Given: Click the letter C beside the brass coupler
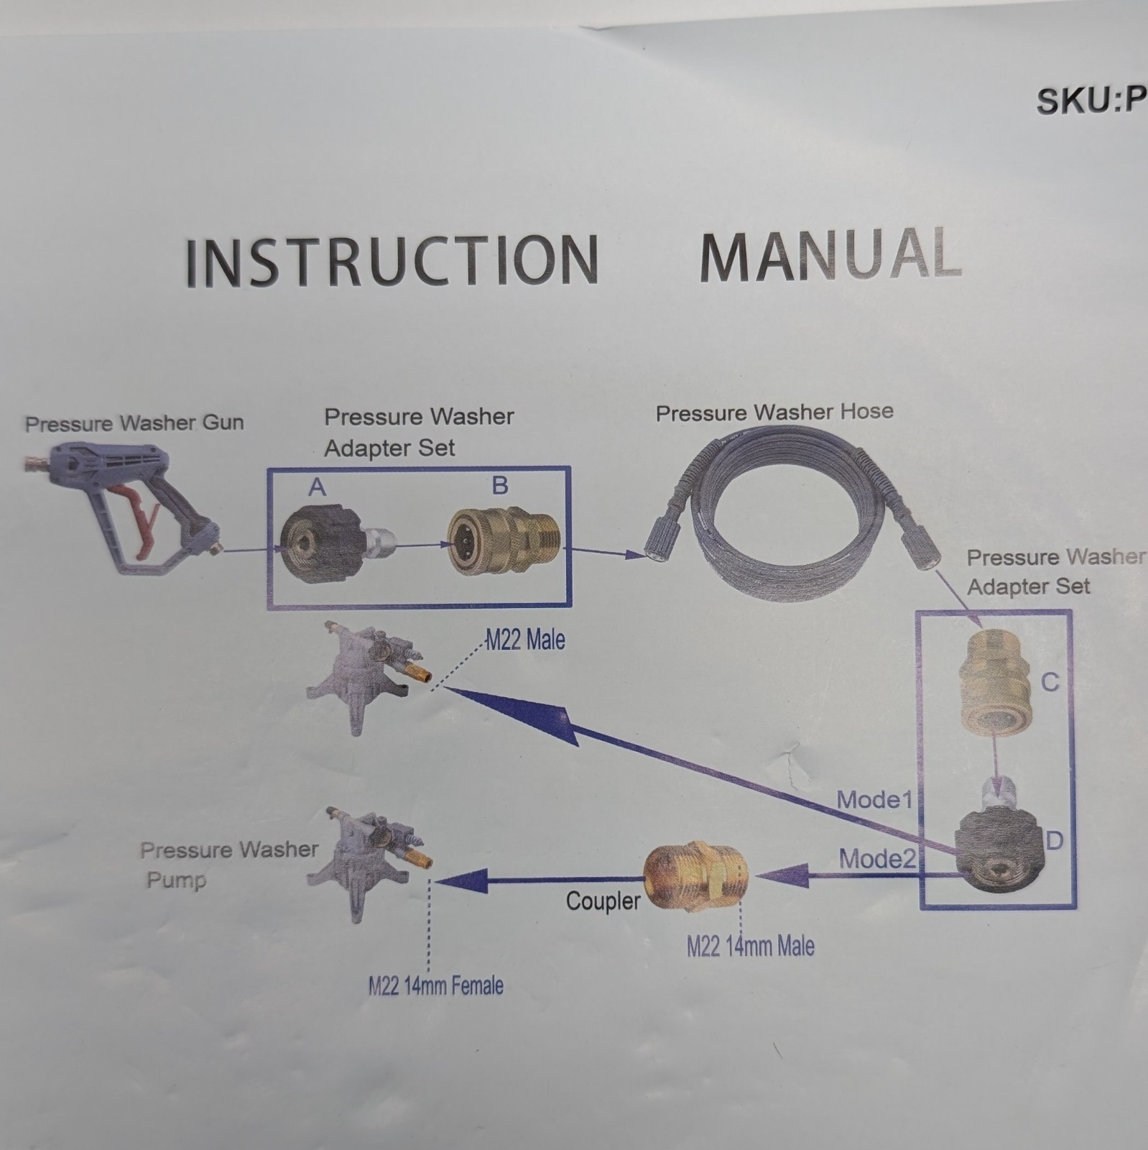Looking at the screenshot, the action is pos(1050,681).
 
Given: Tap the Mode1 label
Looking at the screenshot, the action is pos(874,799).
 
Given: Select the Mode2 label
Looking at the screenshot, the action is pos(877,858).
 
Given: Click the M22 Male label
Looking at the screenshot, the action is pos(525,640).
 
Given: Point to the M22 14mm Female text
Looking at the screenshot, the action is pos(435,985).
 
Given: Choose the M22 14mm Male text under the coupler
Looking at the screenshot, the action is pos(751,946).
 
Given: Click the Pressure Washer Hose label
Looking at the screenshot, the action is pos(774,413).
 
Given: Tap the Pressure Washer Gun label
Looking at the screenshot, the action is pos(134,423).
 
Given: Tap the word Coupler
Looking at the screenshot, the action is pos(603,901).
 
